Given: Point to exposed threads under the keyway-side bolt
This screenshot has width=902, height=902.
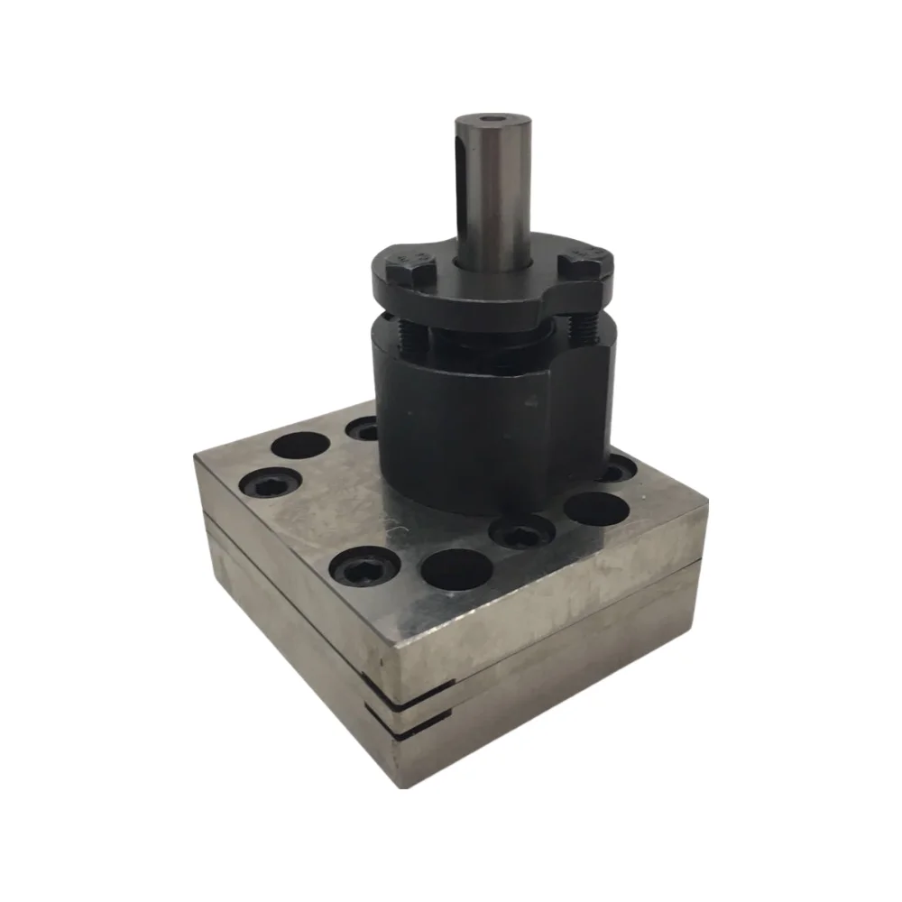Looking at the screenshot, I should point(411,338).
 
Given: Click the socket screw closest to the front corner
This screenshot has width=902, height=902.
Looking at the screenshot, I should point(364,567).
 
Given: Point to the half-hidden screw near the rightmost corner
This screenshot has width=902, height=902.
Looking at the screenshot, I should point(618,469).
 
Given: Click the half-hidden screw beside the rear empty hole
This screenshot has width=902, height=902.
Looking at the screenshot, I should point(363,428).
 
